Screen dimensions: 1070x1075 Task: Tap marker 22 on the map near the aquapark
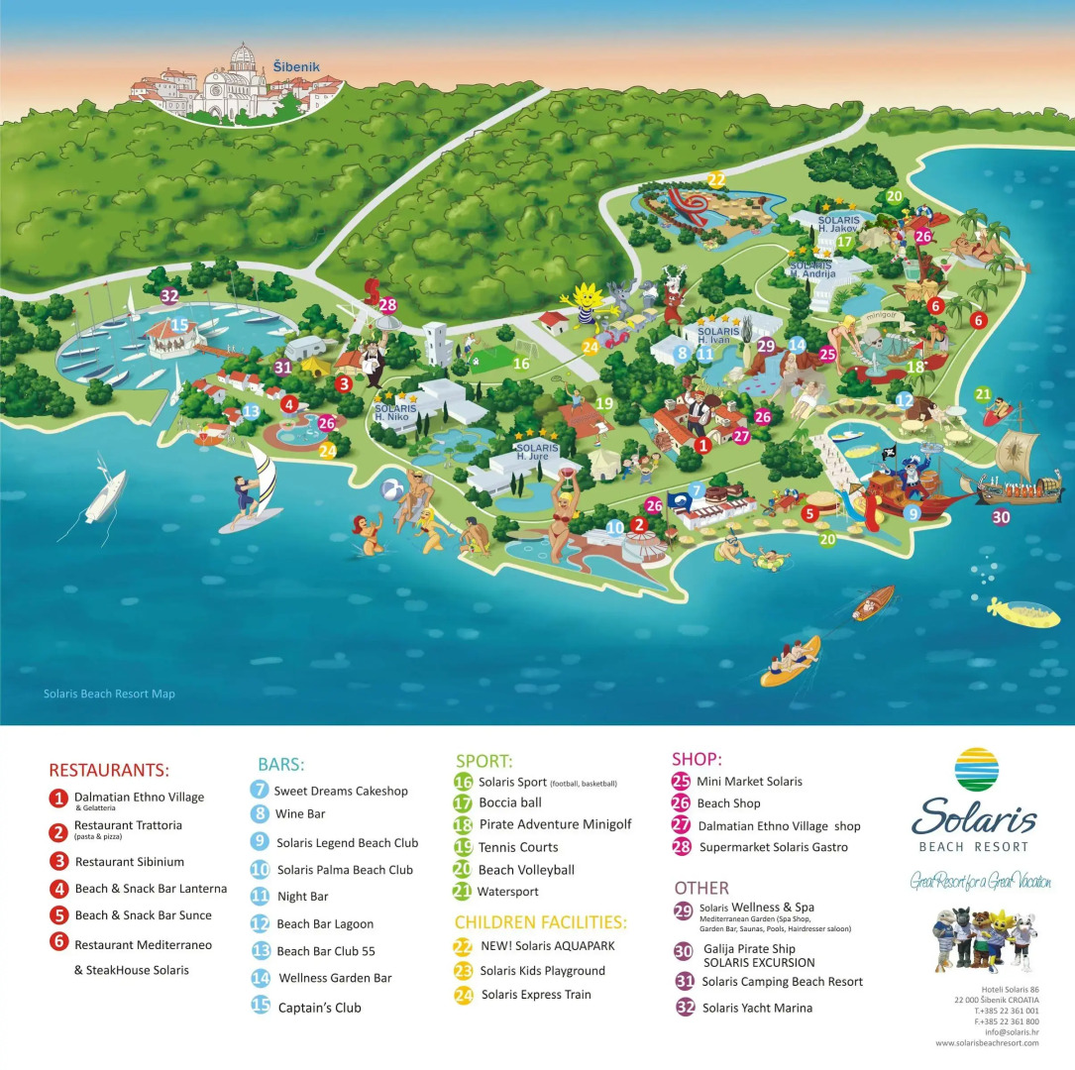point(716,179)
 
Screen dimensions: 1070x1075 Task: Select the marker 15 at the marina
point(178,324)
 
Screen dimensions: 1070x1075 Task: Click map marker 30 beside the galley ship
point(1002,516)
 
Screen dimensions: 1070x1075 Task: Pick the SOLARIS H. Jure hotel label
point(536,451)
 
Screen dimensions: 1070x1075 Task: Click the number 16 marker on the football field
point(521,364)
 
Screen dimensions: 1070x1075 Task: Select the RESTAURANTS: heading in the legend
point(109,770)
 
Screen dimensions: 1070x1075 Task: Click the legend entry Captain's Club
point(319,1008)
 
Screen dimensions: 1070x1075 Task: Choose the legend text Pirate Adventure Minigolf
point(554,824)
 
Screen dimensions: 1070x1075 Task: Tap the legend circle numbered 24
point(464,995)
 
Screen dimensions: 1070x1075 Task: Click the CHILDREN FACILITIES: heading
point(540,921)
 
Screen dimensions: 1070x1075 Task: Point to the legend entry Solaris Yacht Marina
point(757,1008)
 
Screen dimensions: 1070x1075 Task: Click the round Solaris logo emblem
point(977,770)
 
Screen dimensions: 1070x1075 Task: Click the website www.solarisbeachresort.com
point(987,1043)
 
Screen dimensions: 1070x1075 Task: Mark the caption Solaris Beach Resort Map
point(109,694)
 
